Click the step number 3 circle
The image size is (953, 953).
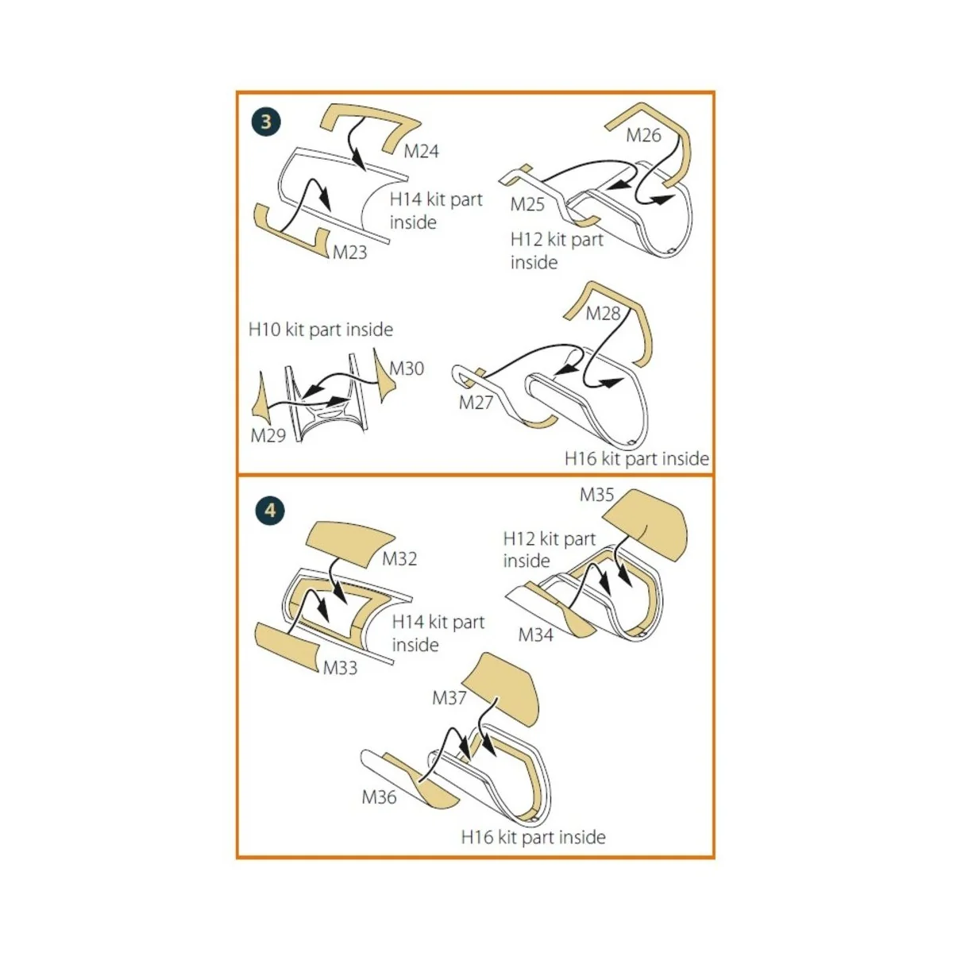tap(266, 122)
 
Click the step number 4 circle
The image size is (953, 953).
tap(270, 511)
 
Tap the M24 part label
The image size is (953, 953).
tap(422, 152)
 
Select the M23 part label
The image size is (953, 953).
tap(349, 253)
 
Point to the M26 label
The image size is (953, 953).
tap(643, 135)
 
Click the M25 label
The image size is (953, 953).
tap(527, 204)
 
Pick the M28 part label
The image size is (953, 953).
tap(603, 313)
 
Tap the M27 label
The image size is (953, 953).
tap(476, 403)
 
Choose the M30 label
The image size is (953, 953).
tap(407, 368)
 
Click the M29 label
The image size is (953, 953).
tap(268, 435)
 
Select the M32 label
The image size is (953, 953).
tap(399, 559)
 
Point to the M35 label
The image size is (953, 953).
tap(596, 495)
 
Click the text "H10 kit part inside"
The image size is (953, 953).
tap(321, 330)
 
